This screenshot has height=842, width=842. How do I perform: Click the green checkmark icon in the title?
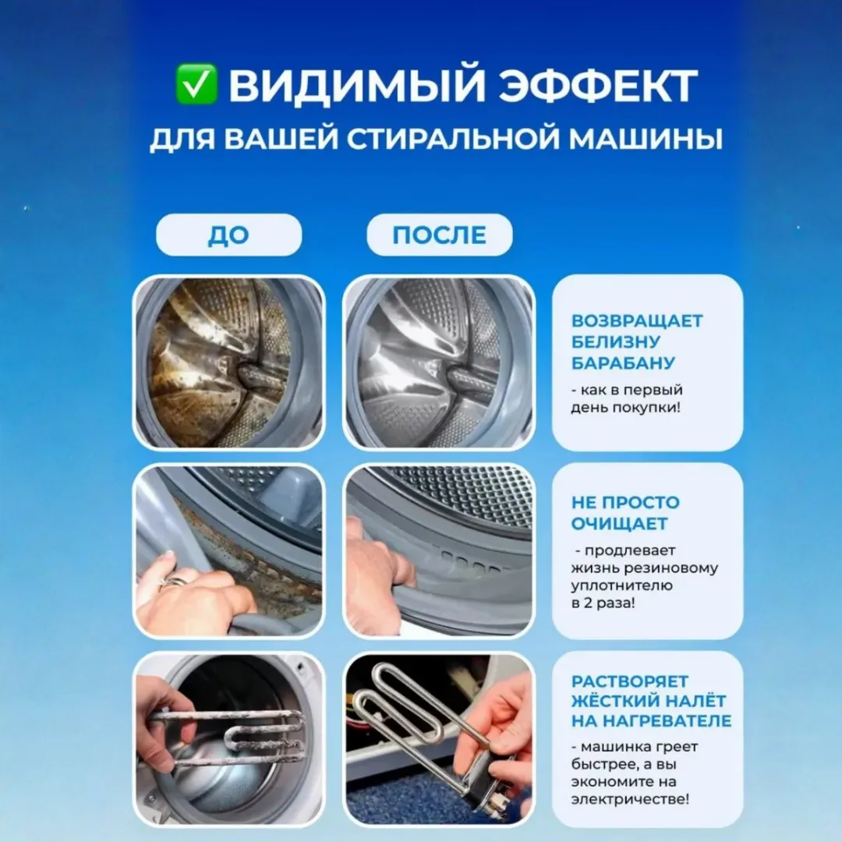(196, 85)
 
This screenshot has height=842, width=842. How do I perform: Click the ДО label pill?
(228, 235)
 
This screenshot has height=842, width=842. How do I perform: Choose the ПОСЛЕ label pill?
(439, 235)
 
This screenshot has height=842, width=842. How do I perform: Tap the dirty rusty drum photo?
(228, 363)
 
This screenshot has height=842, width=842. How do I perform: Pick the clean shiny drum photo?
(439, 363)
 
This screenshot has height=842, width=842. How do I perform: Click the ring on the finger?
(175, 580)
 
